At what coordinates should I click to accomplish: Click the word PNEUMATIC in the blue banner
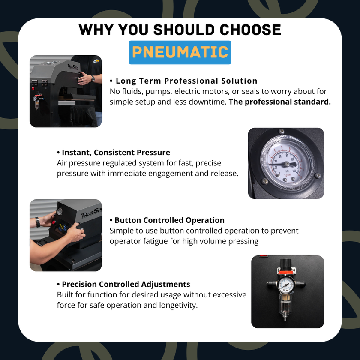pos(180,52)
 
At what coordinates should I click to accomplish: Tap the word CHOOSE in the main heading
pos(250,30)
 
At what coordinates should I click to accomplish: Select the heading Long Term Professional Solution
pos(186,81)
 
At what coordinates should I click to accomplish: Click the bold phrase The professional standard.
pos(279,102)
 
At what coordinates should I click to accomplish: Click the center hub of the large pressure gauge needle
pos(287,164)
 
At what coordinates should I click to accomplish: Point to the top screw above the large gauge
pos(281,131)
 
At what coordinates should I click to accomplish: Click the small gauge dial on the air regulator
pos(285,285)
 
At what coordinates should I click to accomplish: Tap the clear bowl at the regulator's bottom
pos(285,304)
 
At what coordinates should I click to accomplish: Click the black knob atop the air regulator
pos(285,263)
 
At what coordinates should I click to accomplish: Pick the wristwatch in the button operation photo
pos(37,222)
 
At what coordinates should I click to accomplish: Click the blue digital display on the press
pos(62,227)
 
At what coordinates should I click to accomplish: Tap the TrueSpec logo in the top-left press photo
pos(73,67)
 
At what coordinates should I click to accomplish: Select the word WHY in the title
pos(96,30)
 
